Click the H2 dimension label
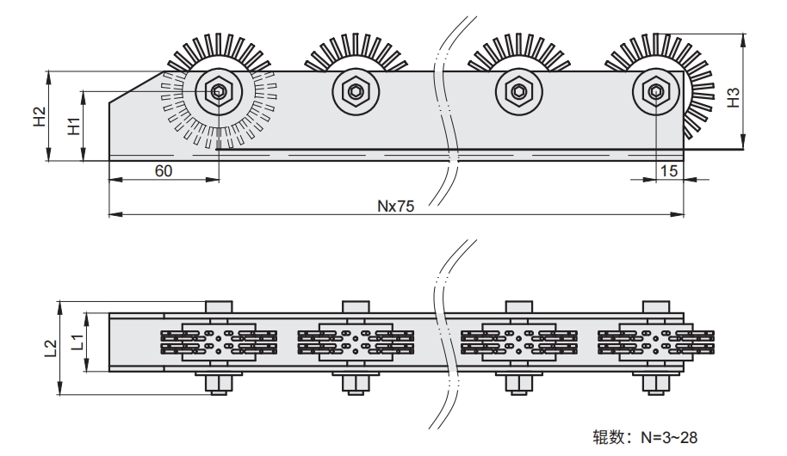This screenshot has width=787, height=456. click(39, 116)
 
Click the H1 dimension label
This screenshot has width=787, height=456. click(74, 125)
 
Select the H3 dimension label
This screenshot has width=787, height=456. click(733, 97)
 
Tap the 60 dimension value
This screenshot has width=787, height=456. click(163, 170)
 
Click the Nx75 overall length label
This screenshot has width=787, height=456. click(395, 206)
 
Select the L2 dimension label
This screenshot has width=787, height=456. click(50, 347)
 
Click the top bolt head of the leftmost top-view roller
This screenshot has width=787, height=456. click(219, 307)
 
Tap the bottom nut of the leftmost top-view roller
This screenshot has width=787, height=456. click(219, 383)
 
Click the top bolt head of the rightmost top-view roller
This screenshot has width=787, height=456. click(656, 307)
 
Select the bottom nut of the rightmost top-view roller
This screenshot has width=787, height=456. click(656, 383)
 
